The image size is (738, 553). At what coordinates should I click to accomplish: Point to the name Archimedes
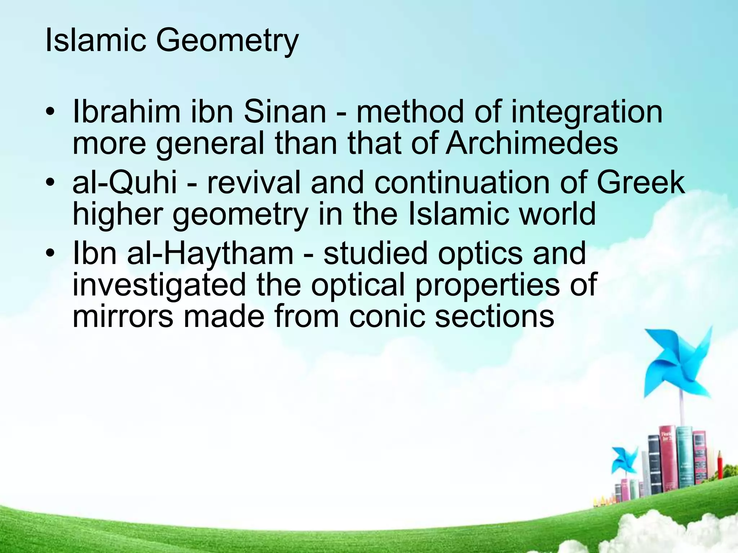tap(532, 143)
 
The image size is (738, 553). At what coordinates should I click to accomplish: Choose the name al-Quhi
tap(125, 182)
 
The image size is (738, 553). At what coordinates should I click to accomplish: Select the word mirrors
tap(123, 316)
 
